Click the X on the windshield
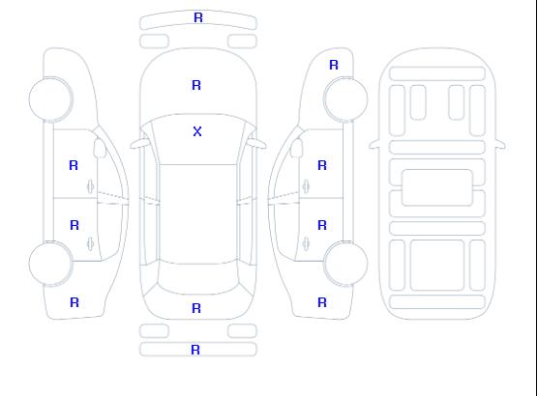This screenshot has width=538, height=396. coord(197,131)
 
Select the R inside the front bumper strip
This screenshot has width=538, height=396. coord(198,17)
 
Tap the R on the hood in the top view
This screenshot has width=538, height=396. coord(196,85)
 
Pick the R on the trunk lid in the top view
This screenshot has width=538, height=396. coord(196,308)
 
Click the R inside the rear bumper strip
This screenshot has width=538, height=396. coord(195,350)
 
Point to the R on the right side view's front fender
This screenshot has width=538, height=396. coord(334,65)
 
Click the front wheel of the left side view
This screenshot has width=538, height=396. coord(50,99)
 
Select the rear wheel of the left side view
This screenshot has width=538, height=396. coord(50,264)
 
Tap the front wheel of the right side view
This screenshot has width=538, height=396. coord(345,99)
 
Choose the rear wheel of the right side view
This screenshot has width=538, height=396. coord(345,264)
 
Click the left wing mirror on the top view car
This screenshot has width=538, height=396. coord(138,144)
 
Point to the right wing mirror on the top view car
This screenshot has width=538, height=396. coord(257,144)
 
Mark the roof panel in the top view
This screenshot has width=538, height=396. coord(198,214)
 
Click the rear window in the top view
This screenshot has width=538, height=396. coord(198,278)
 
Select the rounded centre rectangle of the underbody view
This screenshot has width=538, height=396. coord(437,187)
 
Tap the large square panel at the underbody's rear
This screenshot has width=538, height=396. coord(437,266)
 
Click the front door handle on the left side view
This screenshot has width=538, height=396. coord(90,186)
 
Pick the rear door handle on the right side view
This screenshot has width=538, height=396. coord(306,243)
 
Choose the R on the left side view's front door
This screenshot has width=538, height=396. coord(74,165)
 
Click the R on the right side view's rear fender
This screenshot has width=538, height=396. coord(322,302)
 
